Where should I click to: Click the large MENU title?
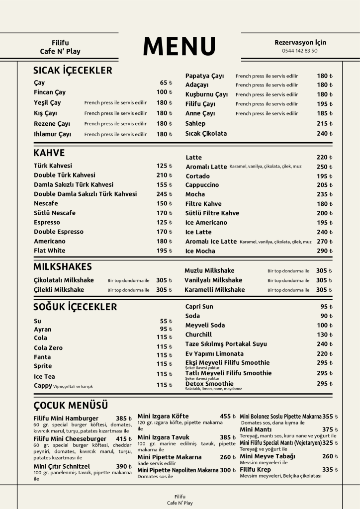[180, 46]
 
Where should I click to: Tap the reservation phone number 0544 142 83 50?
[299, 51]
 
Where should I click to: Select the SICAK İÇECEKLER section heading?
[73, 70]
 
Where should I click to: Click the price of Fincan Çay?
[164, 92]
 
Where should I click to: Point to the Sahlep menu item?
[195, 123]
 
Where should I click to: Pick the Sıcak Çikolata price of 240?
[325, 133]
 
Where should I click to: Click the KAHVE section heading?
[49, 153]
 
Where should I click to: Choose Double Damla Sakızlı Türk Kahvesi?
[85, 194]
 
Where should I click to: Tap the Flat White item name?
[49, 251]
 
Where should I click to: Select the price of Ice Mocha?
[325, 251]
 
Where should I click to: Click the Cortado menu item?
[197, 176]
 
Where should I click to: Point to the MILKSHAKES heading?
[63, 267]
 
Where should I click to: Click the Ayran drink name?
[42, 329]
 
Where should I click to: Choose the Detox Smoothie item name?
[209, 384]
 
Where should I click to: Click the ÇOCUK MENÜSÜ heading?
[71, 405]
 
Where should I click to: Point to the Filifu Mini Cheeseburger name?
[70, 439]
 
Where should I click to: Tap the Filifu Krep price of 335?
[330, 470]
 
